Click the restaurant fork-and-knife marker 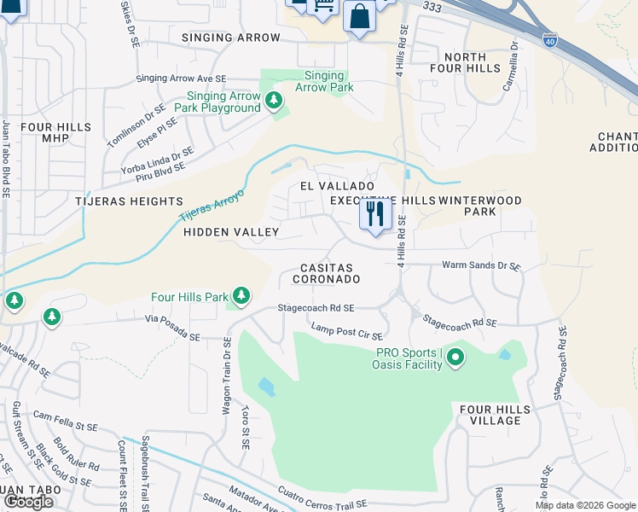[374, 214]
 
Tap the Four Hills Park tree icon [242, 296]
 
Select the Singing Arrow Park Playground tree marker [274, 102]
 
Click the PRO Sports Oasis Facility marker [455, 358]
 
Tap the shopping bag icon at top [360, 15]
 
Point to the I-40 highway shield [549, 41]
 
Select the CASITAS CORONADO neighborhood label [325, 273]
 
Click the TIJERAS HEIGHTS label [138, 201]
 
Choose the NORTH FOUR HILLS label [465, 64]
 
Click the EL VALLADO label [337, 186]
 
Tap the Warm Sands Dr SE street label [480, 266]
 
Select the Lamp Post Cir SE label [346, 331]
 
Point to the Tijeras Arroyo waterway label [212, 206]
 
